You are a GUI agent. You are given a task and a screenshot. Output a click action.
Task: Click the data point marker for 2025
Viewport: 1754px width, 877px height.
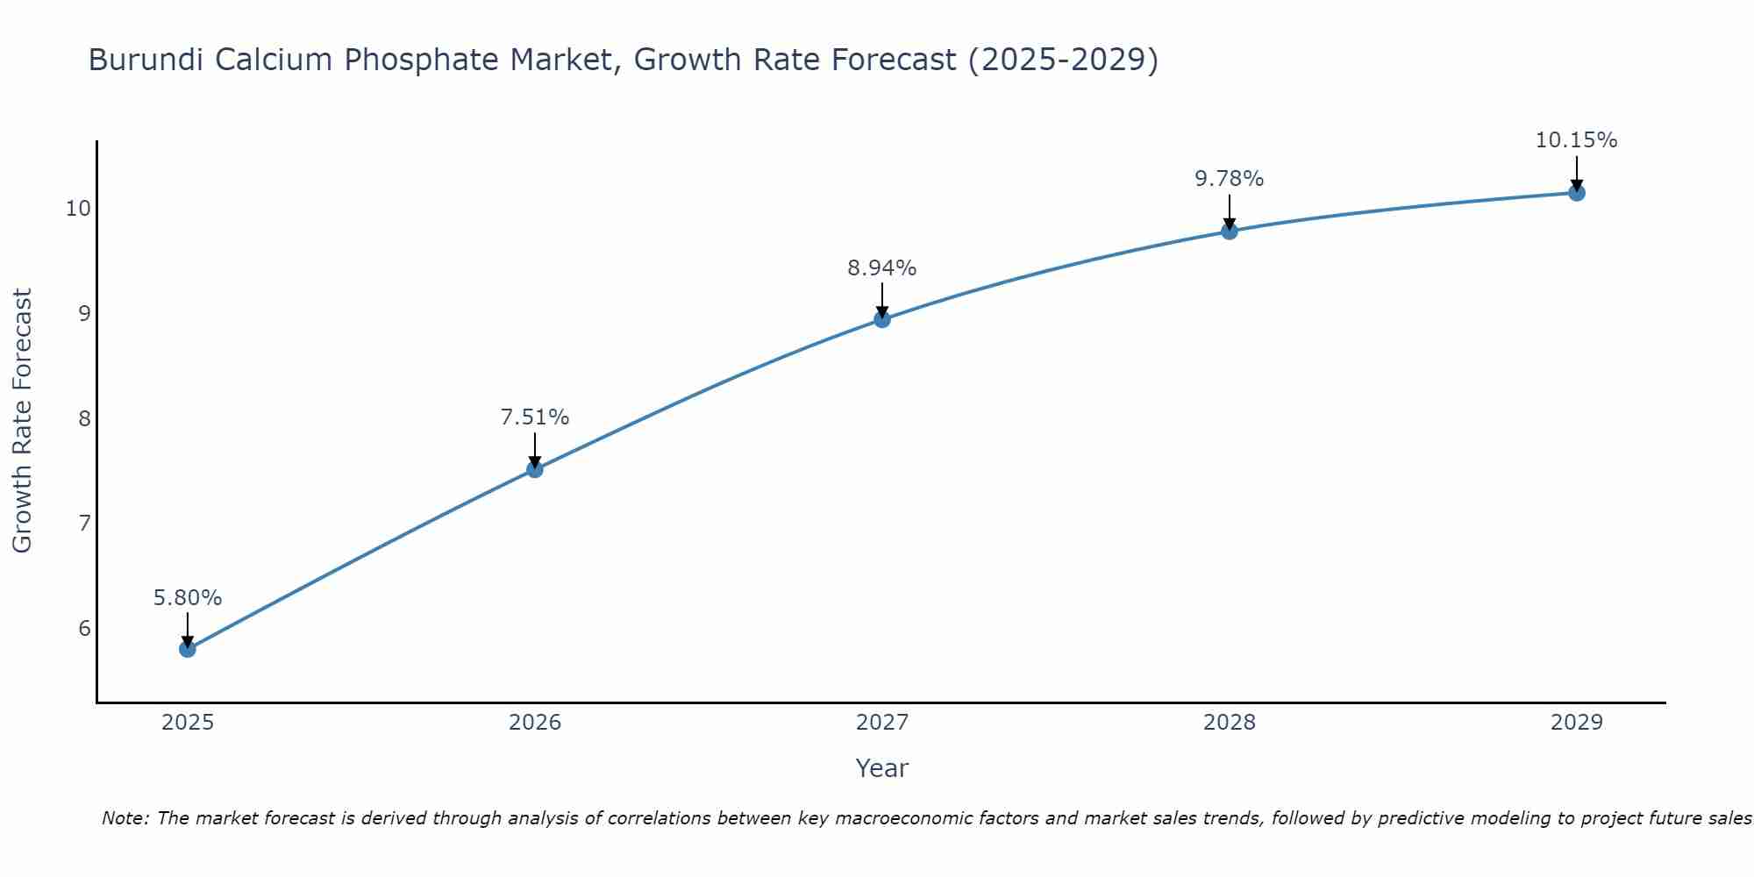188,649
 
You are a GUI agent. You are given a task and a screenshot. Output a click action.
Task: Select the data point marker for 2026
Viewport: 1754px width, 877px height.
535,469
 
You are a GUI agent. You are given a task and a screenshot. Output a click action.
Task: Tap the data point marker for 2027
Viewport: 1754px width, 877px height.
882,319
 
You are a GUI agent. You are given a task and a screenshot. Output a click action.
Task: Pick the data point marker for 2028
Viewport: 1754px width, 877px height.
1230,232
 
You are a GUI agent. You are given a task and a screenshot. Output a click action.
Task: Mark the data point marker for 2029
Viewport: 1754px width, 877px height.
1577,193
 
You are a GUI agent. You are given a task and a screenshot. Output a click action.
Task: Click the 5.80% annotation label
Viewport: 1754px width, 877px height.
188,598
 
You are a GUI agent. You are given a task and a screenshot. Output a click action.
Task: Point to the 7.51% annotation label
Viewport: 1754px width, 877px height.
535,417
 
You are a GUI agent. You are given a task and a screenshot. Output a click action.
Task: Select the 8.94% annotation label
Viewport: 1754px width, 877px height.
882,268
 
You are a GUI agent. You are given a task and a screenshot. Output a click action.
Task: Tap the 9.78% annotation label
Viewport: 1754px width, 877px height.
1230,179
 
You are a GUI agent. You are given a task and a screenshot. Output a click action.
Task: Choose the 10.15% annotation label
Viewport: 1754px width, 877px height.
1577,140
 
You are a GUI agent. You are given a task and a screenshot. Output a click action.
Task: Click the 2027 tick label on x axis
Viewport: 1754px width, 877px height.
882,723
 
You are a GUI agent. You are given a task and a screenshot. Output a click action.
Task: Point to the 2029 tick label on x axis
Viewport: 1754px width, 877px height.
1577,723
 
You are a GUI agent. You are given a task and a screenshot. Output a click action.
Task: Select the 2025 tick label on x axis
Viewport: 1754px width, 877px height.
188,723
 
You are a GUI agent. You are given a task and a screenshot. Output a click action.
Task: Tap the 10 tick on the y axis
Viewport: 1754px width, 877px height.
78,209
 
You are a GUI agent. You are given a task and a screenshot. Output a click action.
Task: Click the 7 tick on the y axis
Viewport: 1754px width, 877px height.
84,524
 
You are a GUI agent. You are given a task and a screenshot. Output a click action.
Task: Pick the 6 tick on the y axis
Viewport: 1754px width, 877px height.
84,629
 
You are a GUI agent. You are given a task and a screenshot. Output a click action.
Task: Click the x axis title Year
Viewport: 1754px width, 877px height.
882,768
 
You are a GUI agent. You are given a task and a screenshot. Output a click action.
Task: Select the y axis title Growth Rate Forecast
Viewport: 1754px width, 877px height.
23,421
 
